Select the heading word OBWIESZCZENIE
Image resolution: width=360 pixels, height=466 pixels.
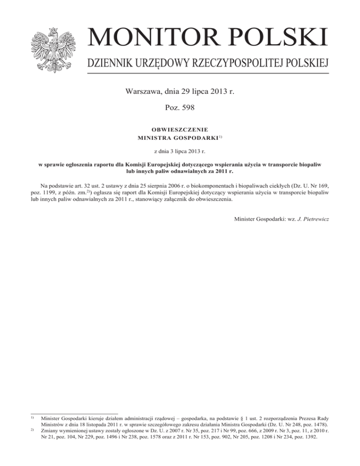[180, 128]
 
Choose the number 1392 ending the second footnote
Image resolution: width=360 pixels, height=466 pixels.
[308, 437]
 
